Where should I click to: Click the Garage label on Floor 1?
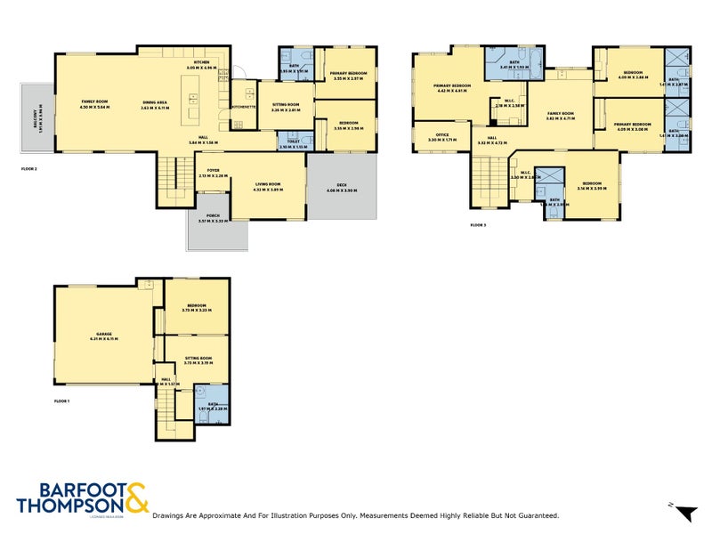104,335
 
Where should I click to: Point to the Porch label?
212,216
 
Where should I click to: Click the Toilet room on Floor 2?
294,143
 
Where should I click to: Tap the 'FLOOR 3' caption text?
478,225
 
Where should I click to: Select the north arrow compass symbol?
684,512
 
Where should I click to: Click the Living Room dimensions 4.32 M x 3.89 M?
268,190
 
